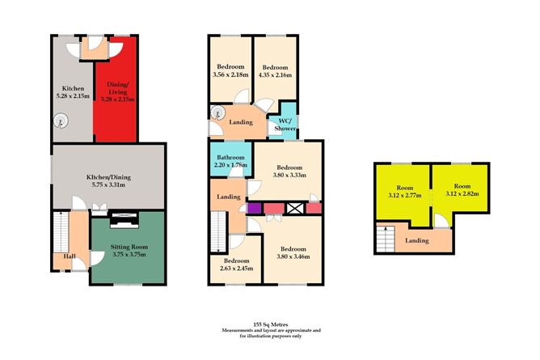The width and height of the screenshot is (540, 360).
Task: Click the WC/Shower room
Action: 287,125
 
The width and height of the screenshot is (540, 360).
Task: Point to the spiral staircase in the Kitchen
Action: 59,122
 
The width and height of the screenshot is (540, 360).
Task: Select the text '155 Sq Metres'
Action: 271,322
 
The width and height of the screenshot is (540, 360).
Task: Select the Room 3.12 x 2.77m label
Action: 402,191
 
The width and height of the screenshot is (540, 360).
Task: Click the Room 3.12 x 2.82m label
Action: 461,189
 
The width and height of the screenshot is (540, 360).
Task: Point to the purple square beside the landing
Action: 252,208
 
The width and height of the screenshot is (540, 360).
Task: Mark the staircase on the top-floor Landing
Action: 386,239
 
